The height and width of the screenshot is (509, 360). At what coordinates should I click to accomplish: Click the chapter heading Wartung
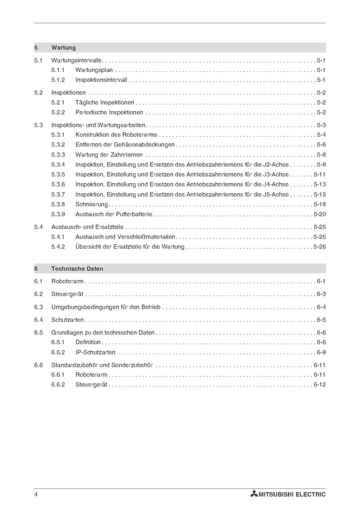coord(63,48)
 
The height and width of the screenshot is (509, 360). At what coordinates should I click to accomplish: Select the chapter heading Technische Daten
coord(77,269)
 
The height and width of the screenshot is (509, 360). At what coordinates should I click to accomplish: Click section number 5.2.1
coord(58,103)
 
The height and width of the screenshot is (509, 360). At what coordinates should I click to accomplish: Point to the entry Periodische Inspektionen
coord(109,113)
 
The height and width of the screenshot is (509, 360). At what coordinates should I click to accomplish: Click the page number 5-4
coord(321,135)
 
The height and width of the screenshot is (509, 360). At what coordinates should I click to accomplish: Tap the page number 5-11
coord(319,175)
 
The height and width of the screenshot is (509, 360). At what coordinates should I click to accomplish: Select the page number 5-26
coord(319,247)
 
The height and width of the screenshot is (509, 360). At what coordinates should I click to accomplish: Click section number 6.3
coord(38,307)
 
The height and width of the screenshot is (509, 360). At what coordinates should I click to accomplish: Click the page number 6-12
coord(319,385)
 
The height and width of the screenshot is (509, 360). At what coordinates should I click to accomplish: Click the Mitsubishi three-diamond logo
coord(253,494)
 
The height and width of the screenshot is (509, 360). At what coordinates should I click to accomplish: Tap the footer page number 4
coord(36,494)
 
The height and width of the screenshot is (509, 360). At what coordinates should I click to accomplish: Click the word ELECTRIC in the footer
coord(310,494)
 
